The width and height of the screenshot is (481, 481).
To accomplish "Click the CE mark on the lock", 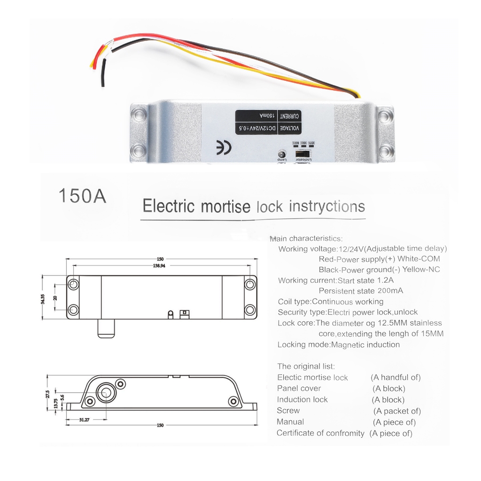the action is (223, 147).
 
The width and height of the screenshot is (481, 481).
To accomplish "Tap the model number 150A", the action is (82, 196).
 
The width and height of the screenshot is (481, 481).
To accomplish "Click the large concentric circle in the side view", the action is (106, 393).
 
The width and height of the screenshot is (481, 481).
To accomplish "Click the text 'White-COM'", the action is (418, 259).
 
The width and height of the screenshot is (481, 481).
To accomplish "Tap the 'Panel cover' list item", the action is (299, 388).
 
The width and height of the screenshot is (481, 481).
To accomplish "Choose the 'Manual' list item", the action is (290, 422).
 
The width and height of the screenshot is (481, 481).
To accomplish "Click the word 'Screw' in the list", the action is (288, 411).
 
